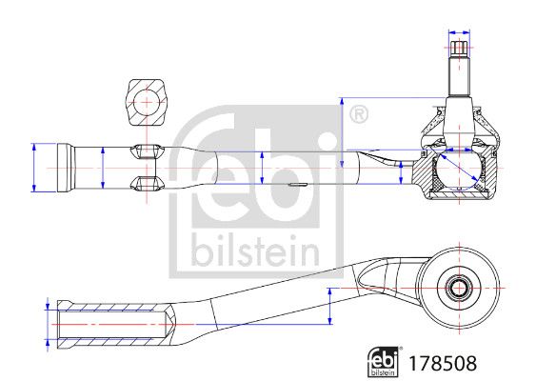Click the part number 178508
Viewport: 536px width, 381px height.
[443, 363]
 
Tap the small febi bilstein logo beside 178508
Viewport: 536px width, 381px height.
[384, 362]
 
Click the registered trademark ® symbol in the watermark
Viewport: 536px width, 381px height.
[359, 114]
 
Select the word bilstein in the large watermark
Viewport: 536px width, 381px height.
[255, 251]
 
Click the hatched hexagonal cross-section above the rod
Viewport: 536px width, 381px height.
[147, 103]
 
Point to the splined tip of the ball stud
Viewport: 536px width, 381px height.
[459, 48]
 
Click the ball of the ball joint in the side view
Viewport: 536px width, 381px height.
[459, 169]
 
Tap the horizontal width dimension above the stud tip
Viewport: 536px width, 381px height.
[459, 32]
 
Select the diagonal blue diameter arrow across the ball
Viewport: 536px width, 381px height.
[459, 167]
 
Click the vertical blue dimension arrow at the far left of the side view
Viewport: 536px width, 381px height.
[34, 168]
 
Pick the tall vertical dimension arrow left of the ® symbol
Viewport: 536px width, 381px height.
[342, 132]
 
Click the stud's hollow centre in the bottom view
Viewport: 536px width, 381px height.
[459, 289]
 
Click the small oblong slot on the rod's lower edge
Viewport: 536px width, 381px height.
[296, 185]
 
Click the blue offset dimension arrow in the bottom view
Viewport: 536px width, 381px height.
[329, 306]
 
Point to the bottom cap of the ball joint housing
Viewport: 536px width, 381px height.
[459, 195]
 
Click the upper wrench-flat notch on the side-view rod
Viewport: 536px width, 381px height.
[148, 151]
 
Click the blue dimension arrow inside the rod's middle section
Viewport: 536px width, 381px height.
[262, 168]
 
